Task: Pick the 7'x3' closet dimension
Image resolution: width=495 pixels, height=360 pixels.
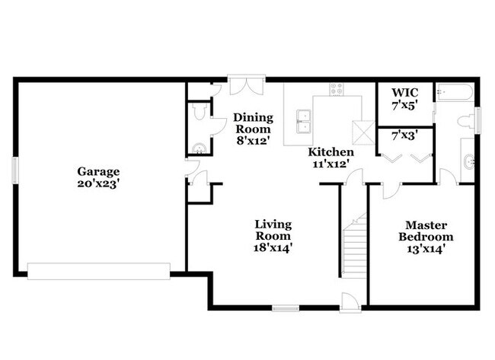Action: (404, 137)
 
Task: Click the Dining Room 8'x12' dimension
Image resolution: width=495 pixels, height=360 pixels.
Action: (252, 141)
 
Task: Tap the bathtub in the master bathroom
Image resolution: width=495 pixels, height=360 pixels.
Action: (455, 94)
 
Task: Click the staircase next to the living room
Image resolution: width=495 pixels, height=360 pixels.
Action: (353, 247)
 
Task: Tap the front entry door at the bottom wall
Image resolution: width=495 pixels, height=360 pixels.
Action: (349, 301)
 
